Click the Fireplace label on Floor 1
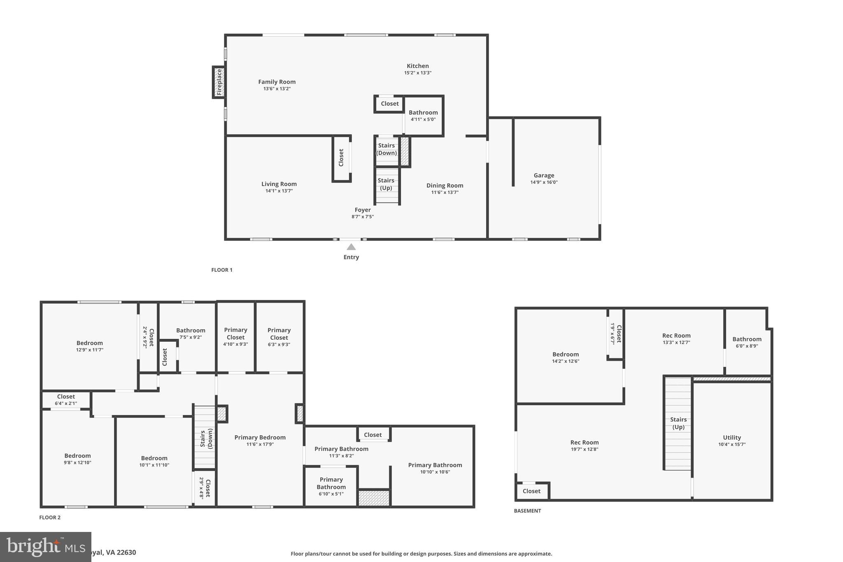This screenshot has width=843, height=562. [219, 82]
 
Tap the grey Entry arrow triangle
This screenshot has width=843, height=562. [351, 247]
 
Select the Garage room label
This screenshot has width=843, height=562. [544, 175]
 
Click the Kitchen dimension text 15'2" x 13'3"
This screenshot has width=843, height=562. [417, 73]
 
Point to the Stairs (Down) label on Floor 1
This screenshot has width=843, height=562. [387, 149]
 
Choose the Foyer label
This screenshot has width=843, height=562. [363, 210]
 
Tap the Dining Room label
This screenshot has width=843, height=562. [445, 186]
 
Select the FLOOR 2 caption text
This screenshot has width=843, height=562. [50, 518]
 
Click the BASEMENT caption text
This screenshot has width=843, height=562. [527, 511]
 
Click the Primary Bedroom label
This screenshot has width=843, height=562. [260, 438]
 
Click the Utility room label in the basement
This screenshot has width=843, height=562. [731, 438]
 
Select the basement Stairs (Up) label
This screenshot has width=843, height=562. [678, 423]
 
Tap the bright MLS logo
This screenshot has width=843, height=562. [45, 547]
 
